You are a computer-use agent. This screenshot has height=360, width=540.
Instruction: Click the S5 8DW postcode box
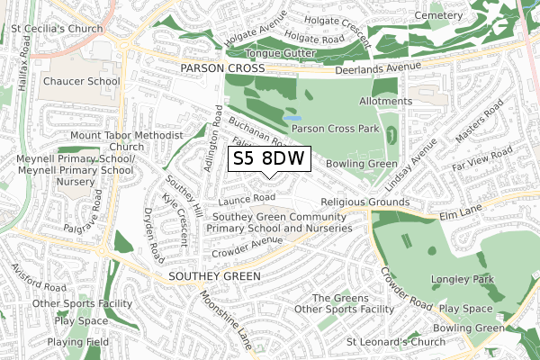269,160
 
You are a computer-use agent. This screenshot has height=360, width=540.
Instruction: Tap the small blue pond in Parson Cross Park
292,117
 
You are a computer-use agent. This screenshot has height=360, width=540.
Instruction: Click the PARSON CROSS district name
221,69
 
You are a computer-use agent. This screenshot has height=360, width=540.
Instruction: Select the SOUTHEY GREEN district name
215,275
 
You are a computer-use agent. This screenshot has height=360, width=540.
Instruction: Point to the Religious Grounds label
364,202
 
